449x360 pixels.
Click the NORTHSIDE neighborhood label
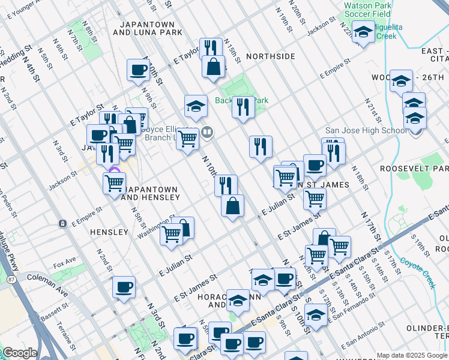271,56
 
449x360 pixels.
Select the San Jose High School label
366,130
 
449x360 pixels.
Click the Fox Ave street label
64,262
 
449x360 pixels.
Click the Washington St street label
155,226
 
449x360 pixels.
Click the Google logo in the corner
19,353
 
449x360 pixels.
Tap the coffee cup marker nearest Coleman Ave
124,287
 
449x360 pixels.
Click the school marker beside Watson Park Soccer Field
363,32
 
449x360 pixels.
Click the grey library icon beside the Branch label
207,131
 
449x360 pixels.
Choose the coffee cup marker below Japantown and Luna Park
138,70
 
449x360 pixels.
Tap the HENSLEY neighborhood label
109,232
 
